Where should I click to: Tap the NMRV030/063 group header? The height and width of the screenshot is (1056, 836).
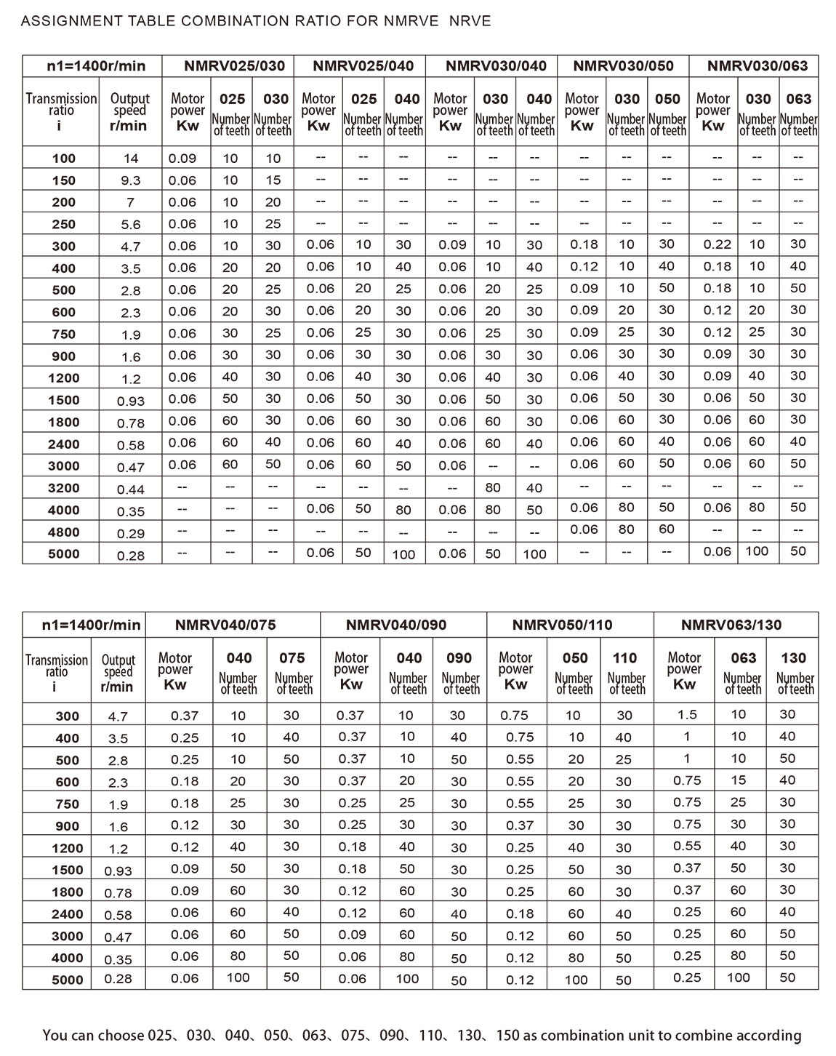(x=757, y=66)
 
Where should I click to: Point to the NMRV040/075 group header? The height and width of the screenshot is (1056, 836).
(x=225, y=625)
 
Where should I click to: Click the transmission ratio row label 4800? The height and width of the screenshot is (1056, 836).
(x=64, y=532)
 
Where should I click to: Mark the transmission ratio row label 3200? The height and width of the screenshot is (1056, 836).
(x=64, y=488)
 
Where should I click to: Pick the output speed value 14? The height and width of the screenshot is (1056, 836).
(x=131, y=159)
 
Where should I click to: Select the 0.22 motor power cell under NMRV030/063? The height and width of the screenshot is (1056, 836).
(x=717, y=245)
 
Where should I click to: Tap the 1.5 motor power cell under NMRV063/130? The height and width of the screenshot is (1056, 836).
(x=687, y=715)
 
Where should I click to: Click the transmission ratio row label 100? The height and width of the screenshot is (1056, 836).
(x=64, y=159)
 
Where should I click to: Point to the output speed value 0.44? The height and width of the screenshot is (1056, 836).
(x=131, y=489)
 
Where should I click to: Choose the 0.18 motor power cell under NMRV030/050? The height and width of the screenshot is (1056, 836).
(x=584, y=245)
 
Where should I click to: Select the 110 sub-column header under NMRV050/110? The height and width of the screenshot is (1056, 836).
(x=624, y=658)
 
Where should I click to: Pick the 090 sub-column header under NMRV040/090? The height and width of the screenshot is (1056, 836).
(x=459, y=658)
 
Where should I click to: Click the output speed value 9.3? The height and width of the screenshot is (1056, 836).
(x=131, y=180)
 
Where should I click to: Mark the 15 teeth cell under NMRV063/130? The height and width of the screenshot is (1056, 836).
(x=738, y=780)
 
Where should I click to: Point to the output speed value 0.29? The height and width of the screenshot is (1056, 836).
(x=131, y=533)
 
